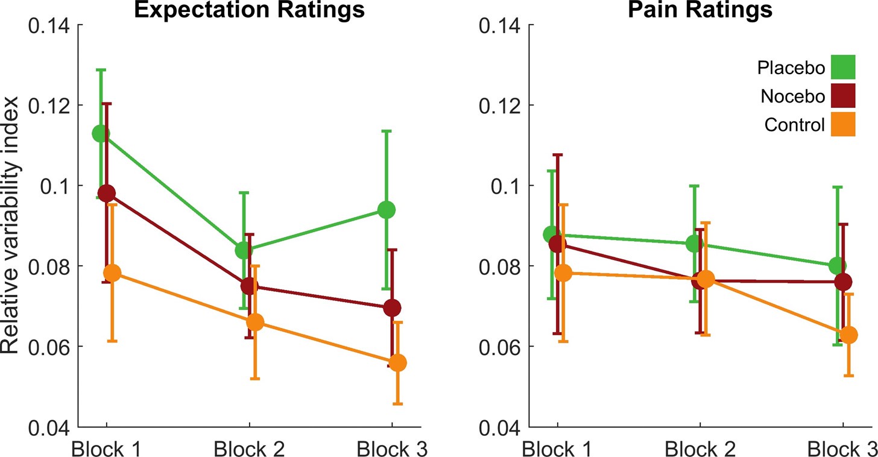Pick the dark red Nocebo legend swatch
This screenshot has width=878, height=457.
[x=842, y=96]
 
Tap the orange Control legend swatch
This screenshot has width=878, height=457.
[x=842, y=125]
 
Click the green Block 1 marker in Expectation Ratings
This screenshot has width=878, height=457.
[x=101, y=134]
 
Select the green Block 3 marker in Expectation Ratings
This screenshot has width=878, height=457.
[x=386, y=210]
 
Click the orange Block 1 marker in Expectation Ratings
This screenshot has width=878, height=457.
[x=112, y=273]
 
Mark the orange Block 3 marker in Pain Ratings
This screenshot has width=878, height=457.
[x=848, y=335]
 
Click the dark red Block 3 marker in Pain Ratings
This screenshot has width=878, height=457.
[x=843, y=282]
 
